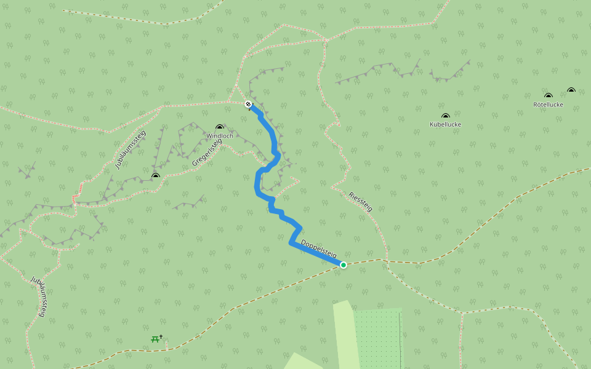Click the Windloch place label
pyautogui.click(x=220, y=136)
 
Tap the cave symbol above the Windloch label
pyautogui.click(x=220, y=127)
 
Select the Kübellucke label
pyautogui.click(x=445, y=124)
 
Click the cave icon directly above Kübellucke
pyautogui.click(x=445, y=116)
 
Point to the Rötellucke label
pyautogui.click(x=548, y=105)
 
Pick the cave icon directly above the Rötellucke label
pyautogui.click(x=548, y=95)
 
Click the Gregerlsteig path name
pyautogui.click(x=206, y=152)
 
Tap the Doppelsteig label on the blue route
pyautogui.click(x=318, y=248)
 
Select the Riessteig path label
pyautogui.click(x=360, y=202)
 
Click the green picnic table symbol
pyautogui.click(x=155, y=339)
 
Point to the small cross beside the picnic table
pyautogui.click(x=161, y=336)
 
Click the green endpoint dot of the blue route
pyautogui.click(x=343, y=265)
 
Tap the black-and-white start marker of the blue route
pyautogui.click(x=248, y=104)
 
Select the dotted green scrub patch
pyautogui.click(x=377, y=338)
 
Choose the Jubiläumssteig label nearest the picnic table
pyautogui.click(x=38, y=296)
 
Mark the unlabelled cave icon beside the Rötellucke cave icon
pyautogui.click(x=571, y=90)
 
